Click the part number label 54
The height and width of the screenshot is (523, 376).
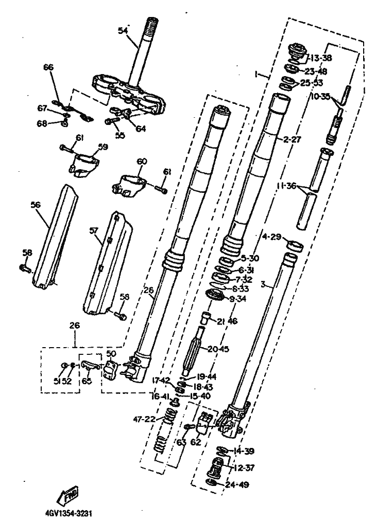122,31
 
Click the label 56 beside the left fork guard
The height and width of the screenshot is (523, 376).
36,205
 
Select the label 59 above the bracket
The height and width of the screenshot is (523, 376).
103,147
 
